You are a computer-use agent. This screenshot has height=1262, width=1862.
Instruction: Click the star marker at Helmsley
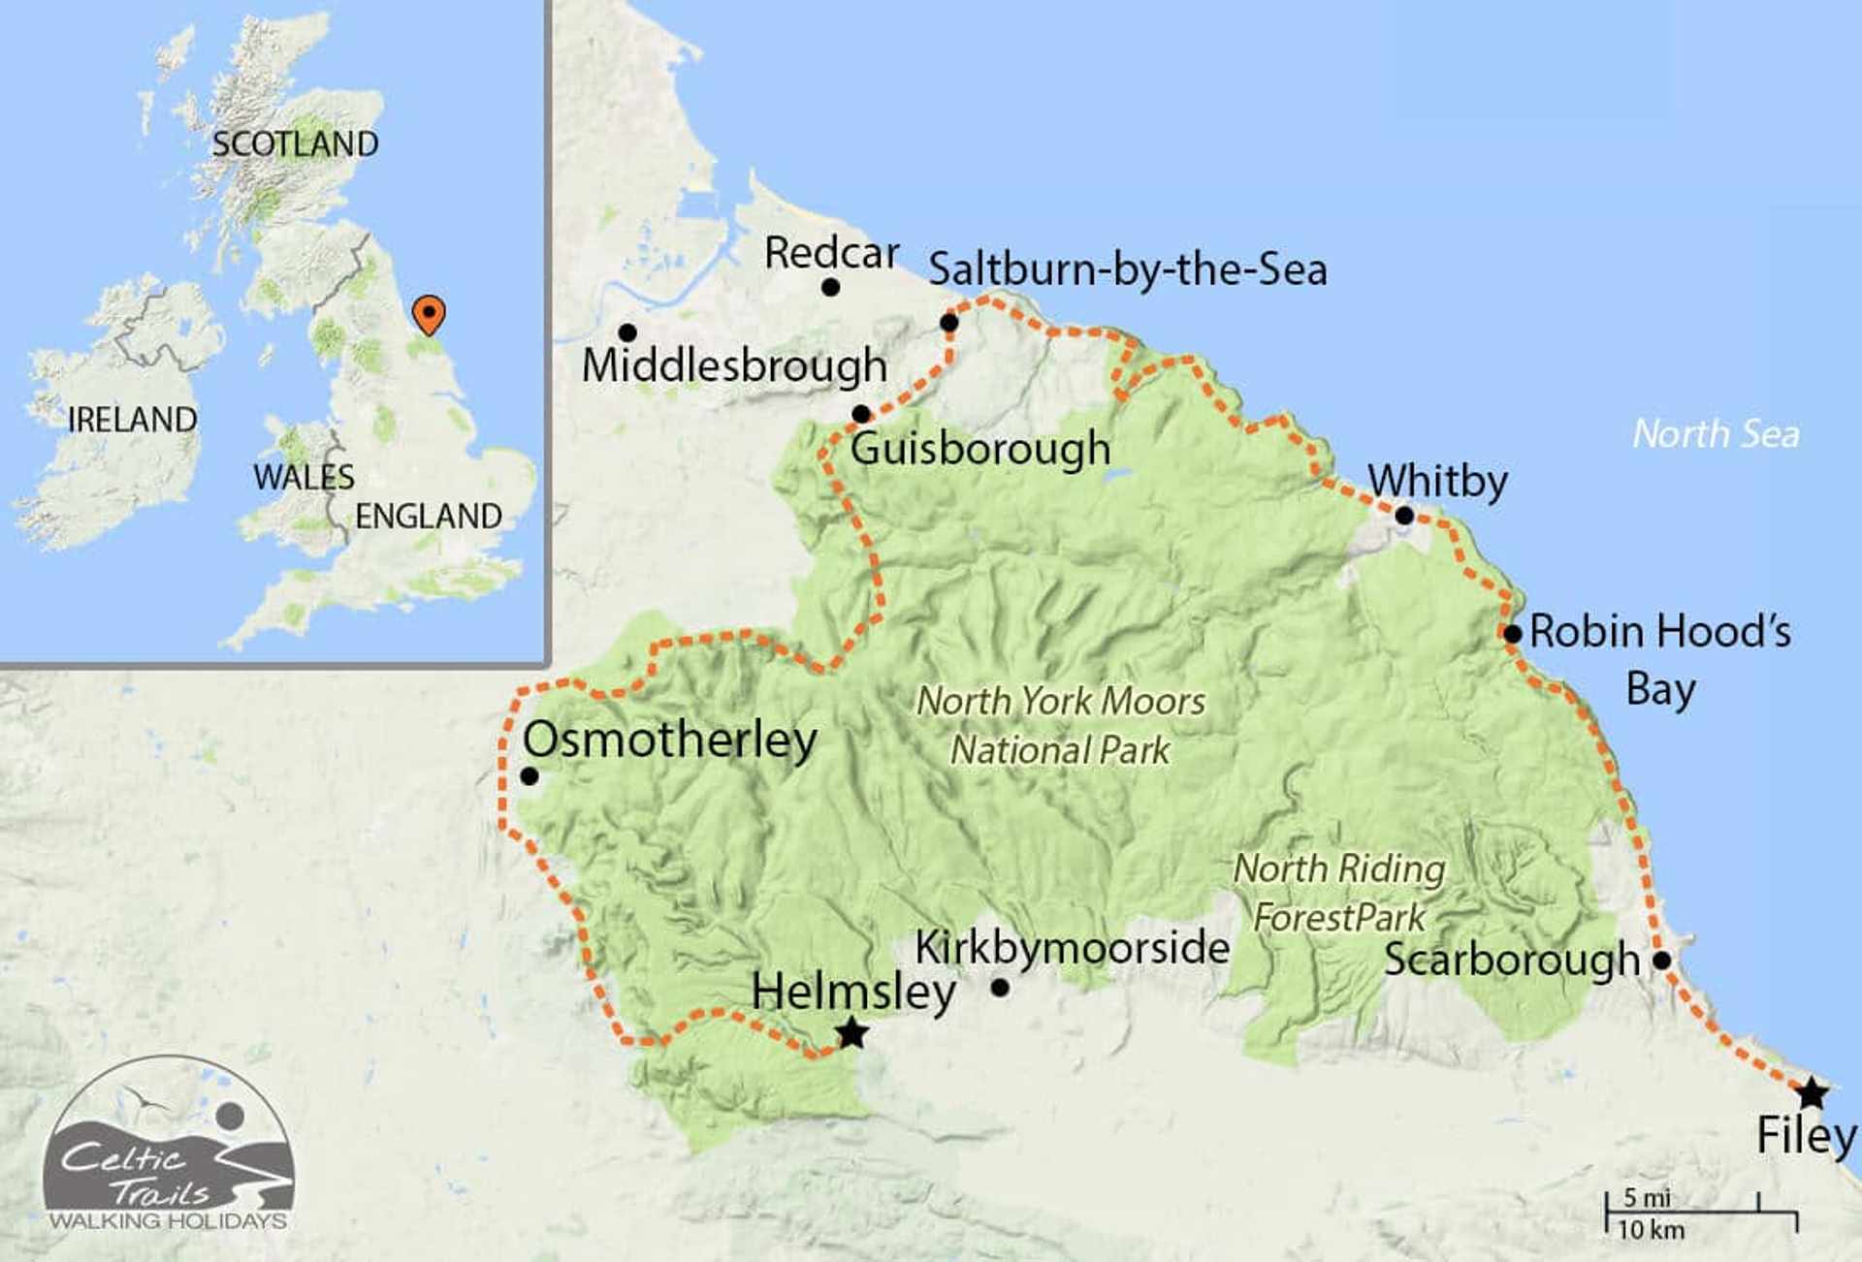pos(851,1033)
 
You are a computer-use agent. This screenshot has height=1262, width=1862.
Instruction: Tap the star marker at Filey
pos(1812,1093)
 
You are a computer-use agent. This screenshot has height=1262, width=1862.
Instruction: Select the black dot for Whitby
pos(1404,516)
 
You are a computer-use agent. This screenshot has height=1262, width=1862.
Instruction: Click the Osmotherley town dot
pos(530,776)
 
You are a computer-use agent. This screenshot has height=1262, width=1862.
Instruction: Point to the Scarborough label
pos(1511,960)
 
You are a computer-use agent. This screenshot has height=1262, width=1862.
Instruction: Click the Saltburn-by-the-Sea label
pos(1127,269)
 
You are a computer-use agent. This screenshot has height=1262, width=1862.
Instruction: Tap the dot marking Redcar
pos(830,287)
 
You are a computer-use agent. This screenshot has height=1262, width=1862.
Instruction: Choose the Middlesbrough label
pos(734,366)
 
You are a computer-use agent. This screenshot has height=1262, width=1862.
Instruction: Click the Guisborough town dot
pos(861,415)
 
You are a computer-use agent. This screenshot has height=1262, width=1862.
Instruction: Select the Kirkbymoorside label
pos(1072,948)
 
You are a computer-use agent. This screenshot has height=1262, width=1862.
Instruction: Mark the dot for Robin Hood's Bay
pos(1512,634)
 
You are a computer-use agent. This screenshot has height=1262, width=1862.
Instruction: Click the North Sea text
pos(1716,434)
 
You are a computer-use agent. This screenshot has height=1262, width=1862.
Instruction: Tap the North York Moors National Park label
pos(1061,725)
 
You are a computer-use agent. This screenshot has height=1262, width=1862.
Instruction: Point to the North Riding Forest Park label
pos(1339,893)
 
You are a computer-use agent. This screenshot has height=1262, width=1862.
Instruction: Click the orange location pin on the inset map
pos(429,314)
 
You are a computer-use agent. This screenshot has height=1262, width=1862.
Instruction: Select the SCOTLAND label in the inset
pos(296,144)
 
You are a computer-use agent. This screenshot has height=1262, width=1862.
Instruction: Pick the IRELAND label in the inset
pos(132,420)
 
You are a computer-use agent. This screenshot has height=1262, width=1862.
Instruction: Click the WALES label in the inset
pos(304,477)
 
